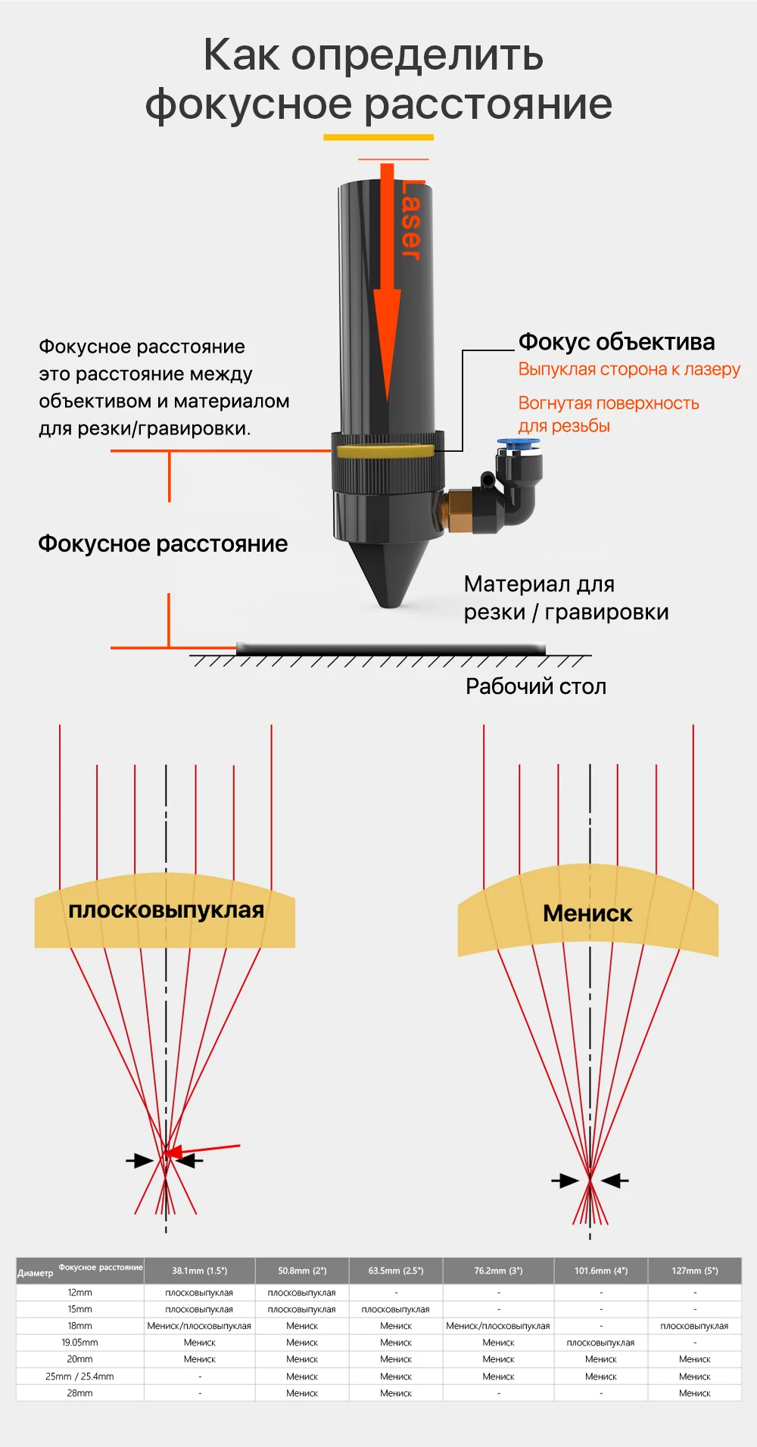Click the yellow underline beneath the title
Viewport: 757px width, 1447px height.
pos(378,137)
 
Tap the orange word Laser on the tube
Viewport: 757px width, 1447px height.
pos(412,220)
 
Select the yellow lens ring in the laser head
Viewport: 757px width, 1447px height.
pos(385,452)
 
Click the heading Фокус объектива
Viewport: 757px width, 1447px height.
pos(616,342)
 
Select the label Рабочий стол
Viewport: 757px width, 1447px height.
pos(536,686)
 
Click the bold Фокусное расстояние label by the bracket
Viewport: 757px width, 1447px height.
pos(163,543)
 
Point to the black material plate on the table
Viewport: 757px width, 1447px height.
pos(391,649)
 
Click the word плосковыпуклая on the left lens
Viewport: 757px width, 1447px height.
pos(166,910)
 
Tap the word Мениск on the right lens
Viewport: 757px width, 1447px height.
pos(587,913)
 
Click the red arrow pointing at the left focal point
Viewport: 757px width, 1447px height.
pos(204,1150)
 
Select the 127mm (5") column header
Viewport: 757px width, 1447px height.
pos(694,1271)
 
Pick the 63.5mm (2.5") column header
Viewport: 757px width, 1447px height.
pos(396,1271)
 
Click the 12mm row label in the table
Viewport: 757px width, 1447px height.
pos(79,1293)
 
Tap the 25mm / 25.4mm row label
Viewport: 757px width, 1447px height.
pos(79,1376)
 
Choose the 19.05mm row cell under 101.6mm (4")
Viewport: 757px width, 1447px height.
pos(600,1343)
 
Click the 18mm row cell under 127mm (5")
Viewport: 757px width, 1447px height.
pos(694,1326)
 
